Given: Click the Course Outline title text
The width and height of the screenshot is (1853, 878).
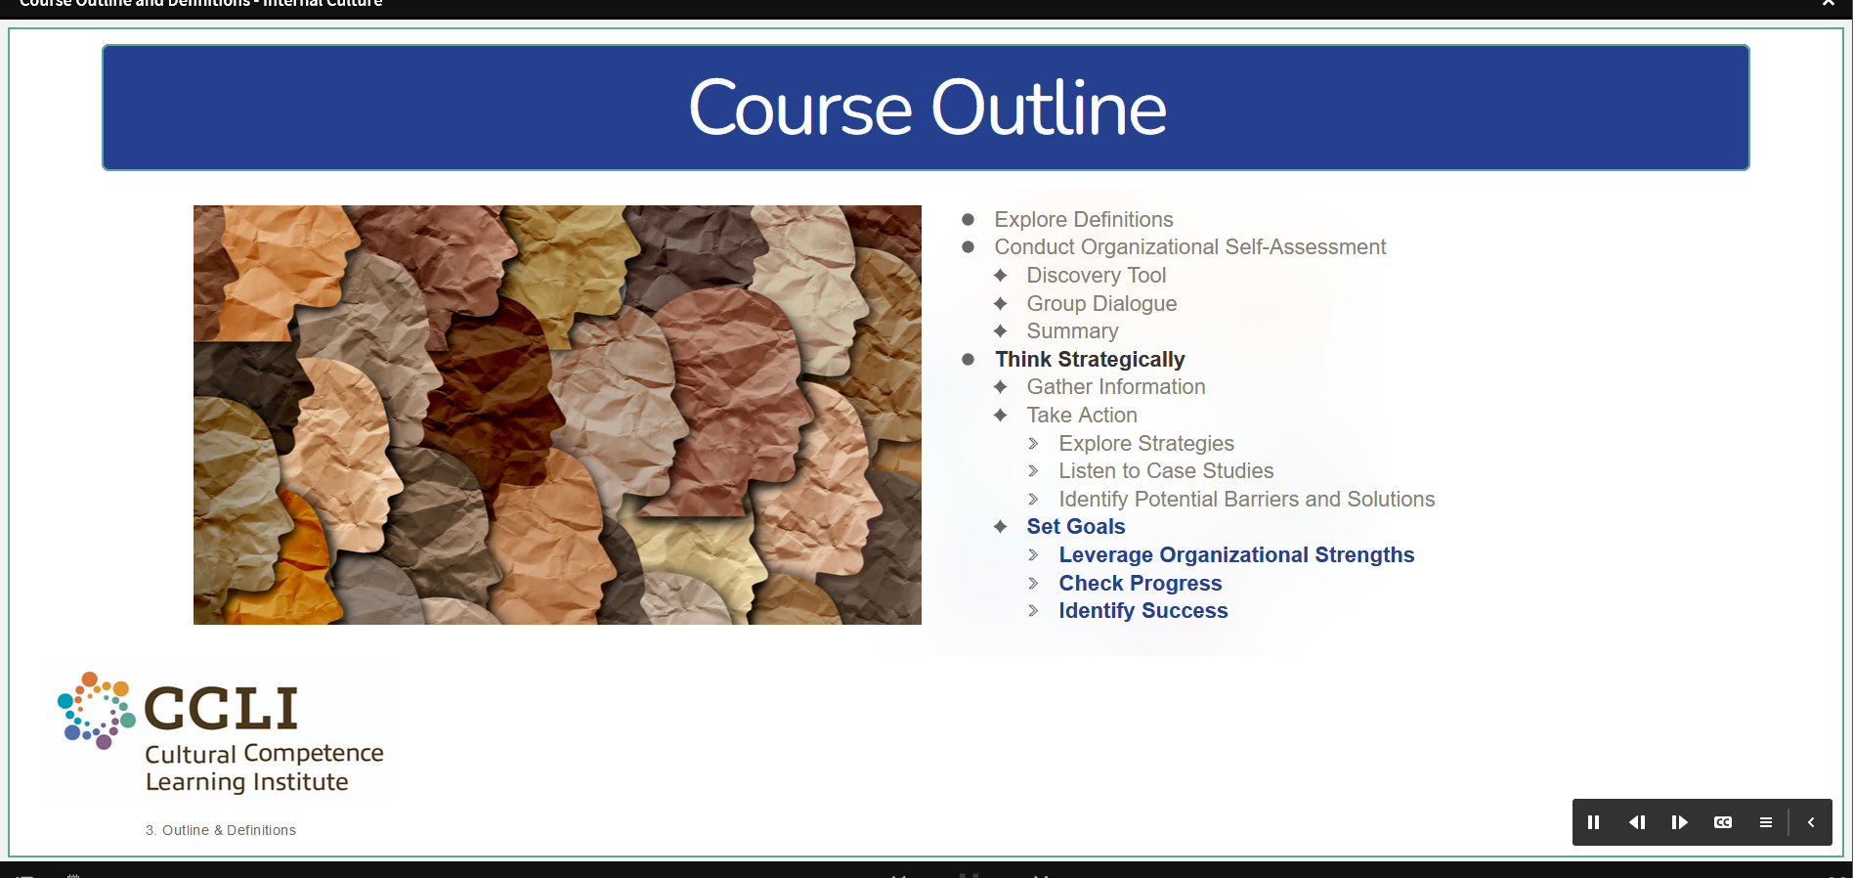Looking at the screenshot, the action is click(x=927, y=108).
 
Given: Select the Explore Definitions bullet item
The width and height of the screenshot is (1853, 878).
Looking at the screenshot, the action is click(x=1084, y=220).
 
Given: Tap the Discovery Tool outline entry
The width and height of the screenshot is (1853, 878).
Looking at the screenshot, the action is click(x=1097, y=276).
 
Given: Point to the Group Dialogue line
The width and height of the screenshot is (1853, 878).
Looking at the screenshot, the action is click(x=1101, y=304).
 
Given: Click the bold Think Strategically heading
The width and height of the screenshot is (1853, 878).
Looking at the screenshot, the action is click(x=1090, y=360).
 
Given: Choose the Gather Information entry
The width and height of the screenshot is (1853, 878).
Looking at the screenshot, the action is click(x=1116, y=387).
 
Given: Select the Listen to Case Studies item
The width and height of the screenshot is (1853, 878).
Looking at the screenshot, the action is click(x=1166, y=471).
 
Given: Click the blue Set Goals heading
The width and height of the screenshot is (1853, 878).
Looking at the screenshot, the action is click(x=1076, y=527).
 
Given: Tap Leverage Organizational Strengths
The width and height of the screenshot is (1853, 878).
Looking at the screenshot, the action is click(x=1236, y=555).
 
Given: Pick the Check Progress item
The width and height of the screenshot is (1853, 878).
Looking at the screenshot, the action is click(x=1141, y=584).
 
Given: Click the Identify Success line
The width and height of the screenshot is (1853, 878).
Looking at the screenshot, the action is click(x=1143, y=611).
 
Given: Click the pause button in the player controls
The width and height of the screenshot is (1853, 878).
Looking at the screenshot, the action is click(x=1594, y=822).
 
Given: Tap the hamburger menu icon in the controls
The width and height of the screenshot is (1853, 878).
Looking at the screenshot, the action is click(x=1766, y=822).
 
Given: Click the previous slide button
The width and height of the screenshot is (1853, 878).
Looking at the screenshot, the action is click(x=1637, y=822).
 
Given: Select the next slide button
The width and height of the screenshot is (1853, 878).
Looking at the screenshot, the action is click(x=1680, y=822).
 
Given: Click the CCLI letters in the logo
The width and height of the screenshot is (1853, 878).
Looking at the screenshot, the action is click(x=221, y=708).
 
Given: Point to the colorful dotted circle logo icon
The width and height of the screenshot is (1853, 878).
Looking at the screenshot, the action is click(x=96, y=711).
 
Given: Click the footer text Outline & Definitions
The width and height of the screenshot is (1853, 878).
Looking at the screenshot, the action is click(x=229, y=830).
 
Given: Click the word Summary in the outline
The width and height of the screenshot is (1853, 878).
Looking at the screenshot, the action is click(x=1072, y=331).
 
